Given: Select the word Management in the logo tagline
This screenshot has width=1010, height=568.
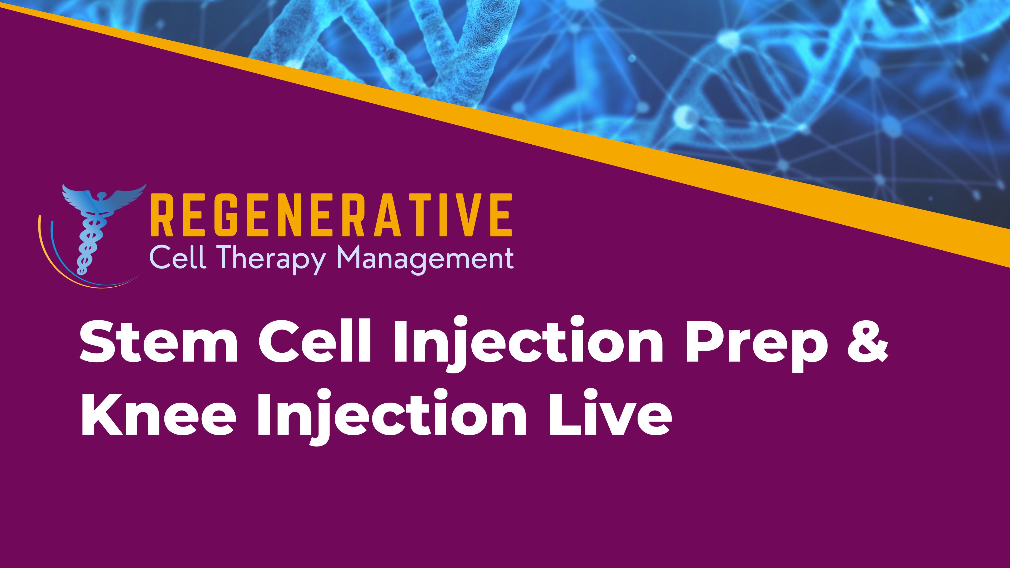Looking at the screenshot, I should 425,259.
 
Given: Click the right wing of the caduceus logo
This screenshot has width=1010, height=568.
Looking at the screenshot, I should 125,196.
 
